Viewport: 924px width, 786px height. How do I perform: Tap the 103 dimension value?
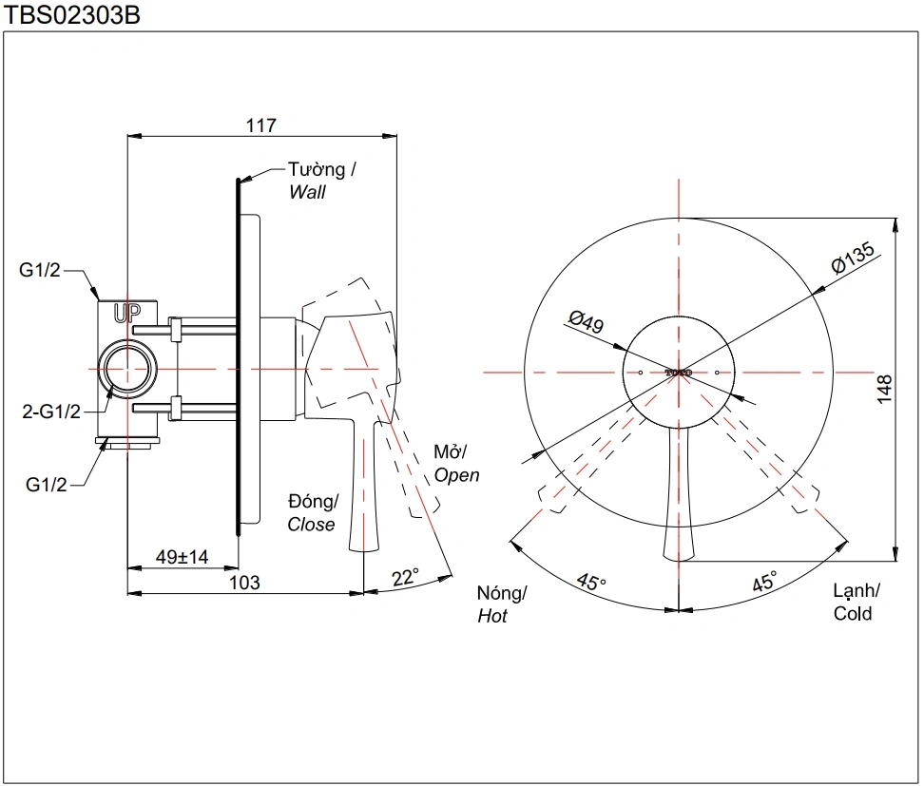244,582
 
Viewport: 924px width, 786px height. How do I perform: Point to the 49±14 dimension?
182,557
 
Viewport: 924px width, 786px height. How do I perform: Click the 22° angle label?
405,577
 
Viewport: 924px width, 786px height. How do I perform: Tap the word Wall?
308,192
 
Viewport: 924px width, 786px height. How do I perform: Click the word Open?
457,475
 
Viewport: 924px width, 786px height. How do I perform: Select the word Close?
312,524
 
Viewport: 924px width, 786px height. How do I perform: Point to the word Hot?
492,616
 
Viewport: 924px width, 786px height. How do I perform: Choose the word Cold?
853,613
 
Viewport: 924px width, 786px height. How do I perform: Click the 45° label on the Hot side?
590,582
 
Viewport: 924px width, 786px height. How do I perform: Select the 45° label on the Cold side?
764,582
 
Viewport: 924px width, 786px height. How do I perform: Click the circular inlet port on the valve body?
127,368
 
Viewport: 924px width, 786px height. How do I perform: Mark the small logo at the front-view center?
679,373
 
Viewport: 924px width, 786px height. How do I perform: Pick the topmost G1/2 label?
40,271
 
